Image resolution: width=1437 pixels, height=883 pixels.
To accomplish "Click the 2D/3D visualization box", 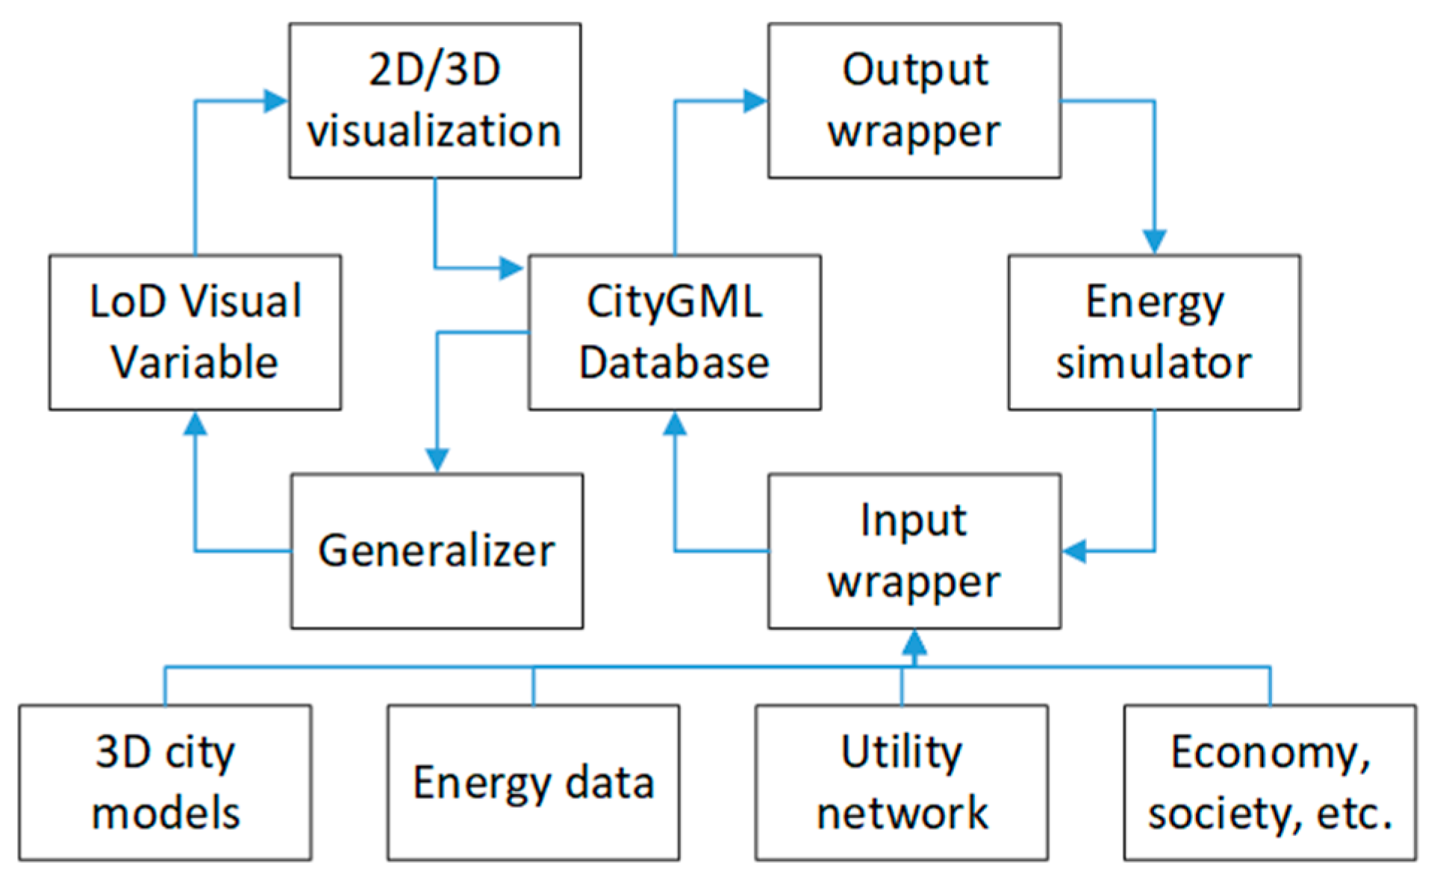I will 434,101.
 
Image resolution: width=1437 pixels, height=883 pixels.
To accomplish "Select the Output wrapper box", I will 914,101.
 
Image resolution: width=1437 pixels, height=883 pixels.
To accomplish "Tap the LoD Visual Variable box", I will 195,332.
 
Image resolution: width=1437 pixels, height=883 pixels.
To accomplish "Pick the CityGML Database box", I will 674,332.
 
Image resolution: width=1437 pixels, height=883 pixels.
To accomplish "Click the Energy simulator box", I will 1153,332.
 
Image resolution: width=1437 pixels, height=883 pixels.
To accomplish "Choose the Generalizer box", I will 437,551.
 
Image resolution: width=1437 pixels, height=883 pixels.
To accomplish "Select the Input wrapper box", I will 914,551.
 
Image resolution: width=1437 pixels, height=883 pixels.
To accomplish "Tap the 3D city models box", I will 165,782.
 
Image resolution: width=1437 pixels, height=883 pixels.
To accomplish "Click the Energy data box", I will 533,782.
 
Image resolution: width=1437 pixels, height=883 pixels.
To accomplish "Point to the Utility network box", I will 901,782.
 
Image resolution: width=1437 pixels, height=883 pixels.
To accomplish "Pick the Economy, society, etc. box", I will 1269,782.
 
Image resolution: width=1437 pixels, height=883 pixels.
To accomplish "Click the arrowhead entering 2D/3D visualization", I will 276,101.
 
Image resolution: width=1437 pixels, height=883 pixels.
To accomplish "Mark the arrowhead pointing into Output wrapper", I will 755,101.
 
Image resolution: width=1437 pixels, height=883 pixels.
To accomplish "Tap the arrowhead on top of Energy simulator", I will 1154,242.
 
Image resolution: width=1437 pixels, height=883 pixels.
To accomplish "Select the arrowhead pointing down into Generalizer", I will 437,460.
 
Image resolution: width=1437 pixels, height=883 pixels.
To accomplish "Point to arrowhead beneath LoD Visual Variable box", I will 195,424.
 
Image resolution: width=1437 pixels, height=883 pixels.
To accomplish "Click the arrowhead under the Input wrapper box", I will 914,643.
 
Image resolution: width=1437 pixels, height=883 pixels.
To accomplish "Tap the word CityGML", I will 674,302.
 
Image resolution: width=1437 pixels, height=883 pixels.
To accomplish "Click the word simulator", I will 1153,363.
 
